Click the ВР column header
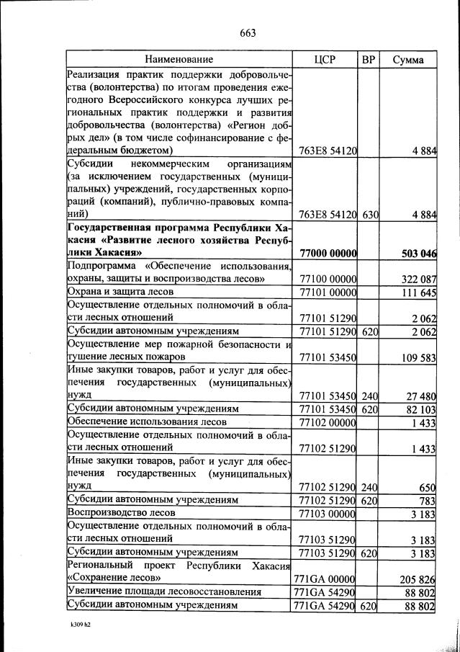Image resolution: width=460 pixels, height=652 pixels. click(x=369, y=59)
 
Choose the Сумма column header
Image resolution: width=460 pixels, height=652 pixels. click(x=407, y=59)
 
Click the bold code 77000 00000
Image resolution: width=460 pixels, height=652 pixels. click(x=328, y=254)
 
